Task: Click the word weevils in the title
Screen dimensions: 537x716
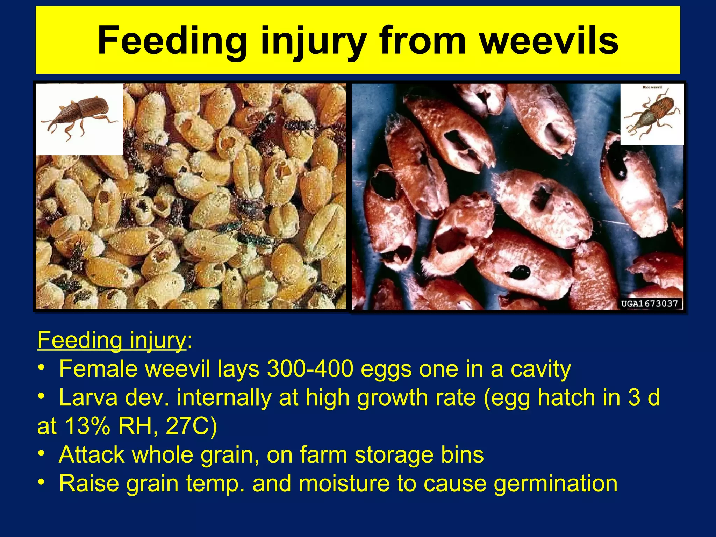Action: click(549, 41)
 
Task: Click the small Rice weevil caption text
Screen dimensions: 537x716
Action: click(652, 87)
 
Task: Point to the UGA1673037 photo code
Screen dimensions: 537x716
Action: click(650, 303)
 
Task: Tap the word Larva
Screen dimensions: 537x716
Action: click(88, 398)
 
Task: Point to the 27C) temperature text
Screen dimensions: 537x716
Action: click(191, 426)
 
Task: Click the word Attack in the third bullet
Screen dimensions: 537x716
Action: click(92, 455)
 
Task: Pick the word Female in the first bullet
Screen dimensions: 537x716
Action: click(98, 369)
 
